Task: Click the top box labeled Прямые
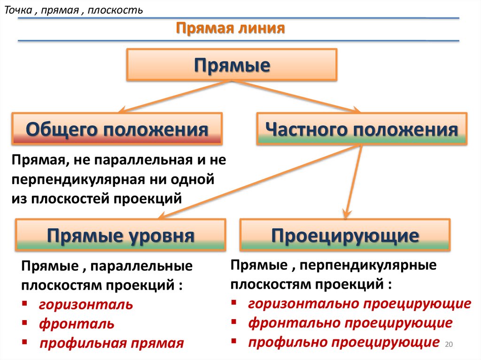232,64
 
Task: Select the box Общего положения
117,128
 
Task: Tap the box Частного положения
361,128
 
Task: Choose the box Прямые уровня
120,235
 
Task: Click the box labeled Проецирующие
345,235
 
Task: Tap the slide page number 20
448,345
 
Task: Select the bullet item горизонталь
86,305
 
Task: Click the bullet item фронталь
77,324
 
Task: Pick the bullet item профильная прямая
111,343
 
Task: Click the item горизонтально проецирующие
359,304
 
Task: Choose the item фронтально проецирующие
350,323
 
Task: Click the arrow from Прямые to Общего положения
174,97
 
